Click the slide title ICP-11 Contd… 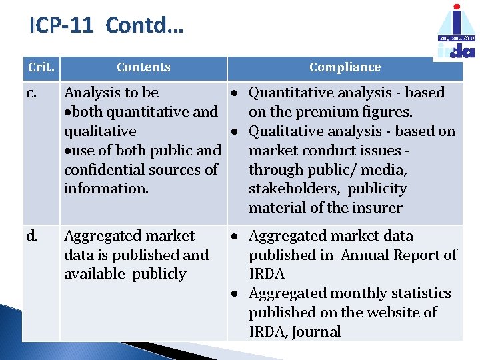pos(107,26)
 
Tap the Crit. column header pos(41,67)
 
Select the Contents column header pos(143,67)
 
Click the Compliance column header pos(345,67)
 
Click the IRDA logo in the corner pos(457,31)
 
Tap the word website pos(387,313)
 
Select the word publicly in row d pos(159,274)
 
